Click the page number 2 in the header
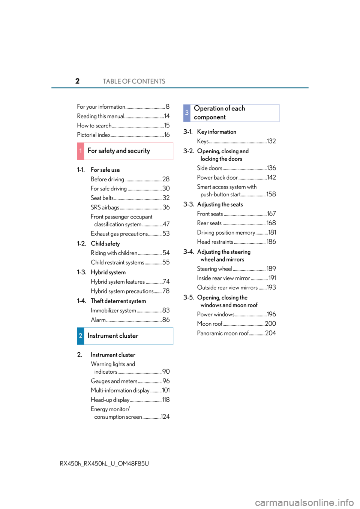78,81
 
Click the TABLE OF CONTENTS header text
134,81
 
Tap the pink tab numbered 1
81,151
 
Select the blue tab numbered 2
81,336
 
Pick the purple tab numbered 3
187,113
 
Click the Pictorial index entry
94,135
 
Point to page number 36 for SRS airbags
166,207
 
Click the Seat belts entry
102,198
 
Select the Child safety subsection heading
105,244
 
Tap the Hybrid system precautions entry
122,291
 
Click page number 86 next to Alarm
166,320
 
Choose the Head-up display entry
110,400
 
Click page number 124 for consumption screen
165,417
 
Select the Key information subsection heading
217,132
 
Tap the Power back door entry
217,177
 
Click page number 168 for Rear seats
271,223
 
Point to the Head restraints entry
215,242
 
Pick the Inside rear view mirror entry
223,278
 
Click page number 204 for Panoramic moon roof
270,333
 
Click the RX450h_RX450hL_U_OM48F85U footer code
104,464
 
